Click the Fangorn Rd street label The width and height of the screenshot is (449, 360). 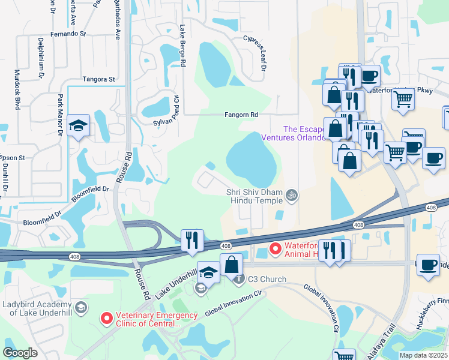pos(241,115)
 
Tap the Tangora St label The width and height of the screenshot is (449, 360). pos(99,79)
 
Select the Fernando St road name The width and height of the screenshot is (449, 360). pos(69,34)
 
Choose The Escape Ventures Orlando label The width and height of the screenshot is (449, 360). pos(291,133)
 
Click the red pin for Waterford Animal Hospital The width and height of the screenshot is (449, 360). pos(276,247)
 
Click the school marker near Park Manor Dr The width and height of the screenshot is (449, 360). pos(79,126)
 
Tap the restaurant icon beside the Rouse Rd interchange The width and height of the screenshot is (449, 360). pos(192,240)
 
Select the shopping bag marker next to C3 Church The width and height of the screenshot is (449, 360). pos(231,264)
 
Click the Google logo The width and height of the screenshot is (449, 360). pos(20,353)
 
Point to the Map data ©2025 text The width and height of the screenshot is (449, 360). pos(423,355)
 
